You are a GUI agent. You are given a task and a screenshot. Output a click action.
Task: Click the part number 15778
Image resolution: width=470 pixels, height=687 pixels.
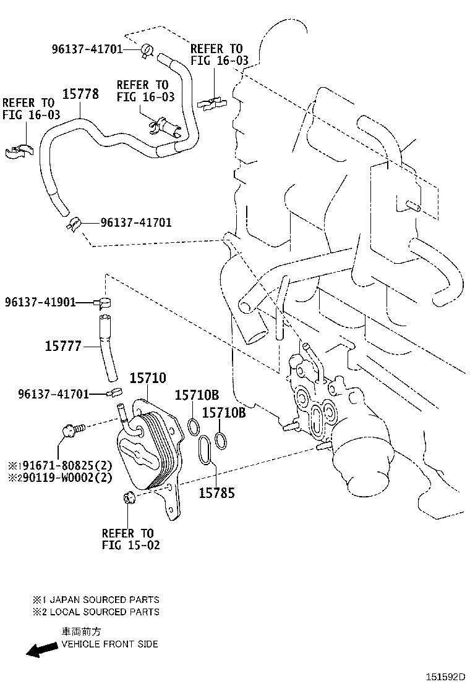(80, 94)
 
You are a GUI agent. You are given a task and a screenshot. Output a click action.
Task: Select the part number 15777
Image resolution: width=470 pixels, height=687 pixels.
(63, 346)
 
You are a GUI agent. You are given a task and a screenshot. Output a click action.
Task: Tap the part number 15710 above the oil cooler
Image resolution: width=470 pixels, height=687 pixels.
(148, 377)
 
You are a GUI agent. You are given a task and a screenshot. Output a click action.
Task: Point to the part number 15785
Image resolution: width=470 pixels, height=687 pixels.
(217, 493)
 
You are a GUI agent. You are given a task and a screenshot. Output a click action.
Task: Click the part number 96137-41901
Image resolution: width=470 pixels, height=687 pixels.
(40, 302)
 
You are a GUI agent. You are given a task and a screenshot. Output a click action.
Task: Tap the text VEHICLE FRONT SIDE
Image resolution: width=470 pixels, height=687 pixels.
(109, 644)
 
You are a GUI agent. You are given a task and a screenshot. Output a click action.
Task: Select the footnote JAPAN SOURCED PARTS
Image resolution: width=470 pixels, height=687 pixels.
(105, 599)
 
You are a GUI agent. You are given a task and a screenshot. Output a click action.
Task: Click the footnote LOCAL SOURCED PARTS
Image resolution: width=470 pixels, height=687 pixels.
(105, 612)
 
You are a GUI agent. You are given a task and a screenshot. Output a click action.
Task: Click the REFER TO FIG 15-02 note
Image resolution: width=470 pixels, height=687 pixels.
(130, 539)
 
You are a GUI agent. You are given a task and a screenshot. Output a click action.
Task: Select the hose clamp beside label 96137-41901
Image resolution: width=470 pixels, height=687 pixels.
(103, 301)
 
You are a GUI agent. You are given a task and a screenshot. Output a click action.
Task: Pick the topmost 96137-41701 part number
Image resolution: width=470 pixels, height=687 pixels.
(87, 49)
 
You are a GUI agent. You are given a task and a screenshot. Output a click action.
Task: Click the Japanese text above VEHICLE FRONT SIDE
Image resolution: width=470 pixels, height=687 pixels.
(81, 631)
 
